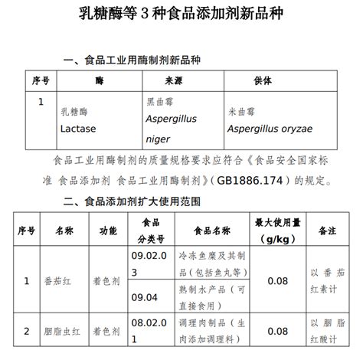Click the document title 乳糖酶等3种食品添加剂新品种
click(181, 15)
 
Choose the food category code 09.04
click(144, 296)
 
